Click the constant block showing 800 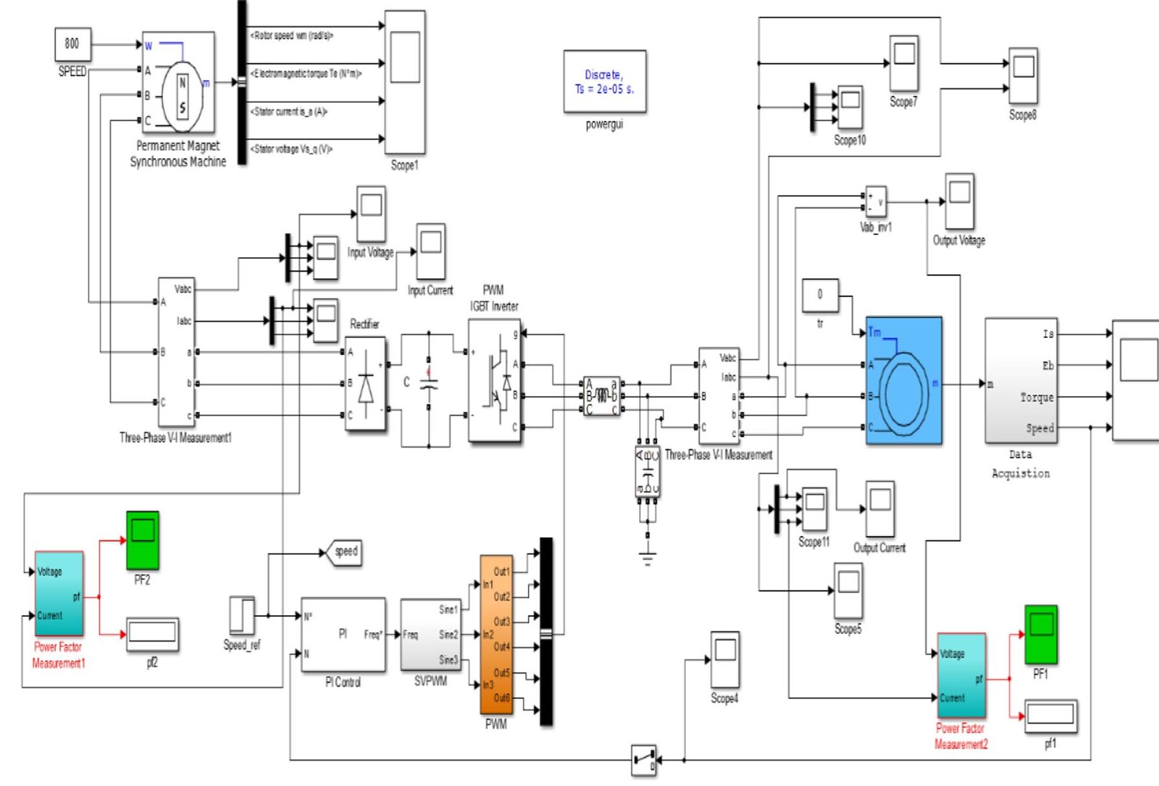72,44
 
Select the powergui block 604,82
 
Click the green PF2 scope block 142,539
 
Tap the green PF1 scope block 1041,633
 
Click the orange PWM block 496,634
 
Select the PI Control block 343,634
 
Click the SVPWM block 430,635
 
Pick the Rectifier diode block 365,383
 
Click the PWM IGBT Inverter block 494,380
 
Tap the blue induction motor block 904,381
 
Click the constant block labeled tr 820,295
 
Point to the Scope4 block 724,659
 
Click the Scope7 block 904,64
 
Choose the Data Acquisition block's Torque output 1037,397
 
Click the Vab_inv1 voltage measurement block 875,202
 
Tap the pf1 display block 1051,716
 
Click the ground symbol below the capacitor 648,557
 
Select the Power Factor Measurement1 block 58,593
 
